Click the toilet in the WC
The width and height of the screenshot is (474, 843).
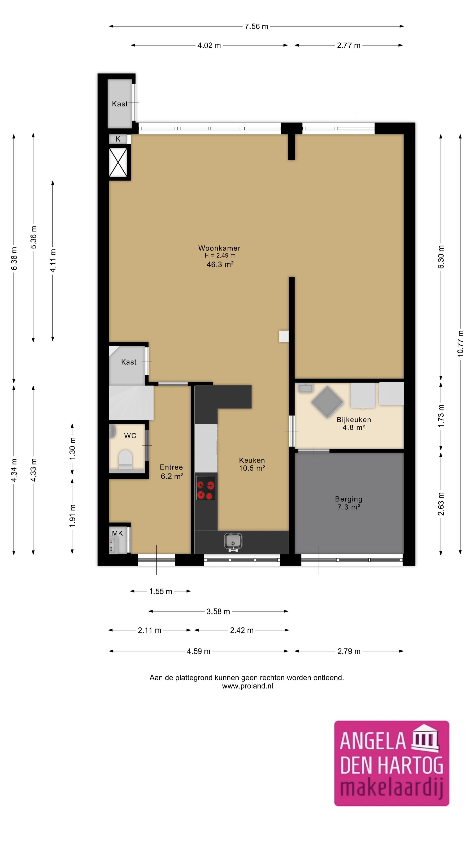point(125,459)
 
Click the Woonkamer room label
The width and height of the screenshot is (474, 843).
point(219,248)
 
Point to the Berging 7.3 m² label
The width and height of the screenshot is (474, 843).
point(349,503)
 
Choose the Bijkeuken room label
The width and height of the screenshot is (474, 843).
point(354,420)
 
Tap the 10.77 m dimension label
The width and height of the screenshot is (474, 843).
point(460,343)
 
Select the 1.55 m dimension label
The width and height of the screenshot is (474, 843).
point(161,591)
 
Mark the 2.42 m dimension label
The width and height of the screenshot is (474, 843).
point(242,630)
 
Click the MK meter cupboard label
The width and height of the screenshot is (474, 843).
point(117,533)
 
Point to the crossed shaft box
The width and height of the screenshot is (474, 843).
point(118,162)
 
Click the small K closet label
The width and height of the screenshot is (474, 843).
point(118,139)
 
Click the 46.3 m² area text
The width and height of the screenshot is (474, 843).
point(220,264)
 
